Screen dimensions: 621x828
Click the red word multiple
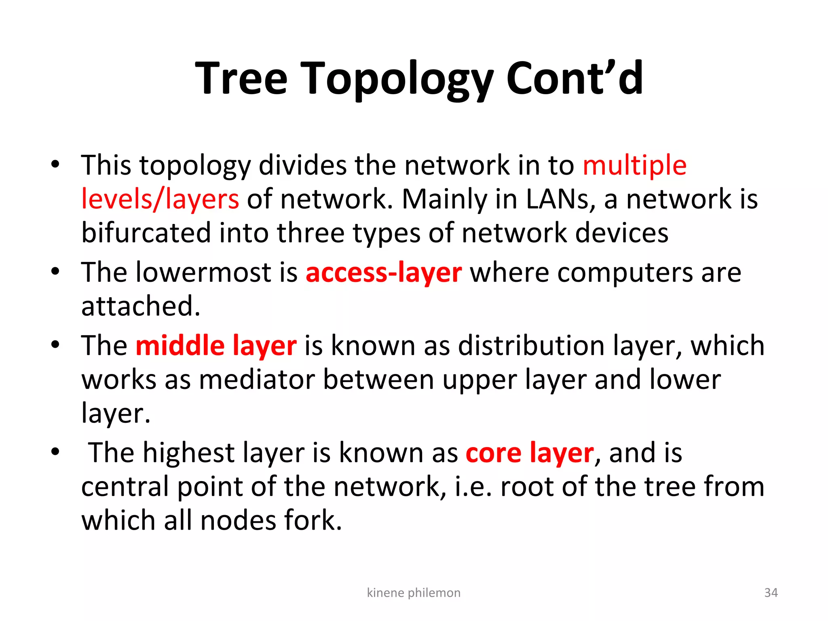click(634, 166)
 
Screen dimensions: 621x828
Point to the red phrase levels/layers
click(160, 199)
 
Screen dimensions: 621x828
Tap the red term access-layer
click(384, 272)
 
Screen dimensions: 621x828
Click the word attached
click(141, 306)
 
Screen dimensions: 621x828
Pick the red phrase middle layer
click(216, 346)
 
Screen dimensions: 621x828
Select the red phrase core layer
click(530, 453)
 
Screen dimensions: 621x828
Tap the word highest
click(188, 453)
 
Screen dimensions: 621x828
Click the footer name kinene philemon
click(414, 593)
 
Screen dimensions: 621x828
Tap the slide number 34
click(771, 593)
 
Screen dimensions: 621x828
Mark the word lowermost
click(203, 272)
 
